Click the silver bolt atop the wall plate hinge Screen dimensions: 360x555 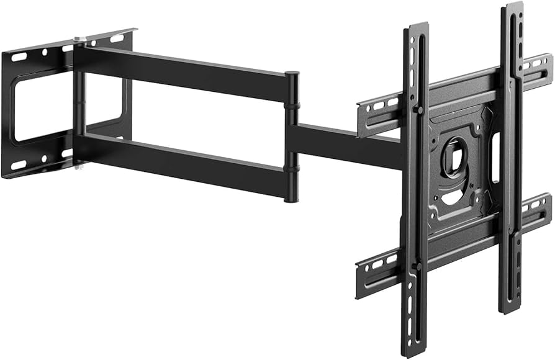click(x=77, y=40)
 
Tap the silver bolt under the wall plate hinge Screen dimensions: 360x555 click(x=77, y=166)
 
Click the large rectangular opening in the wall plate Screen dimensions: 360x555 click(x=37, y=106)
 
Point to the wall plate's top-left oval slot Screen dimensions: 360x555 click(x=19, y=56)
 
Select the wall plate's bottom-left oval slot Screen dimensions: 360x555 click(x=19, y=165)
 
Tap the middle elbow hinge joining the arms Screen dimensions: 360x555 click(x=292, y=137)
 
